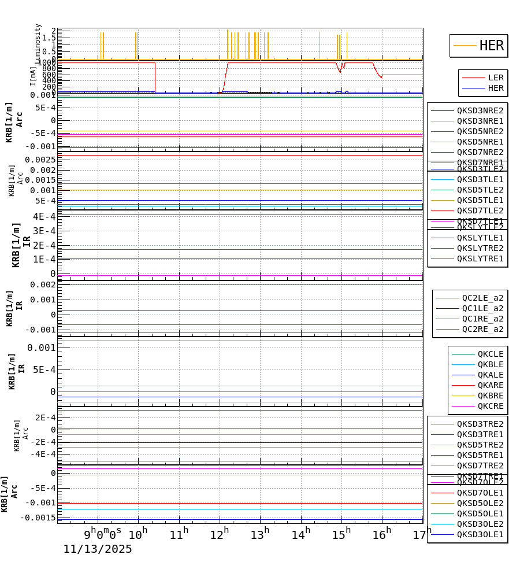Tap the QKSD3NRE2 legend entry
(480, 110)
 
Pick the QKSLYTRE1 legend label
(480, 258)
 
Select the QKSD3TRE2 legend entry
(480, 424)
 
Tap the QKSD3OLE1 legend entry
(480, 534)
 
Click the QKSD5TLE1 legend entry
(480, 200)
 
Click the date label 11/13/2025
(98, 549)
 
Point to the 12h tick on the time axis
(220, 534)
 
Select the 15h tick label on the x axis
(341, 534)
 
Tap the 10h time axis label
(138, 534)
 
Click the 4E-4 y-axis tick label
(44, 216)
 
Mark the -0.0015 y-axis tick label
(38, 518)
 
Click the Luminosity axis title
(38, 43)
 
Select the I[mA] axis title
(33, 76)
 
